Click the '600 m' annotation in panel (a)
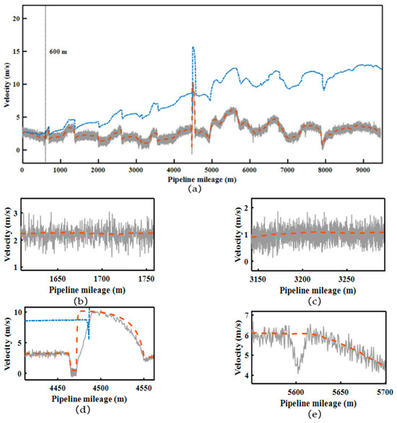coord(58,52)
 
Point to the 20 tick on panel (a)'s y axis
coord(16,19)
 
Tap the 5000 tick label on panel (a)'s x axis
coord(211,169)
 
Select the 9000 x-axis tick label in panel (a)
coord(363,169)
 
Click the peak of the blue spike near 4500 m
coord(193,47)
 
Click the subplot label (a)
coord(195,189)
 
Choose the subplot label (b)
coord(81,300)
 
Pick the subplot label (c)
coord(315,301)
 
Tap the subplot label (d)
coord(83,410)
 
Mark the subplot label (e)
coord(315,414)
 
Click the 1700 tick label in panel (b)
coord(102,279)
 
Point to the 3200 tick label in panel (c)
coord(302,279)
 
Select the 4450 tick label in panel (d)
coord(57,388)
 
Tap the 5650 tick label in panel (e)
coord(340,392)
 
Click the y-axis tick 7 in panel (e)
coord(246,315)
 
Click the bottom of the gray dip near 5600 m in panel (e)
coord(298,373)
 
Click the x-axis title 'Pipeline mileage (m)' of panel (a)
coord(202,179)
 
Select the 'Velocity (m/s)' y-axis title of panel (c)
coord(237,234)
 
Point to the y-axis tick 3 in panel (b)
coord(16,213)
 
